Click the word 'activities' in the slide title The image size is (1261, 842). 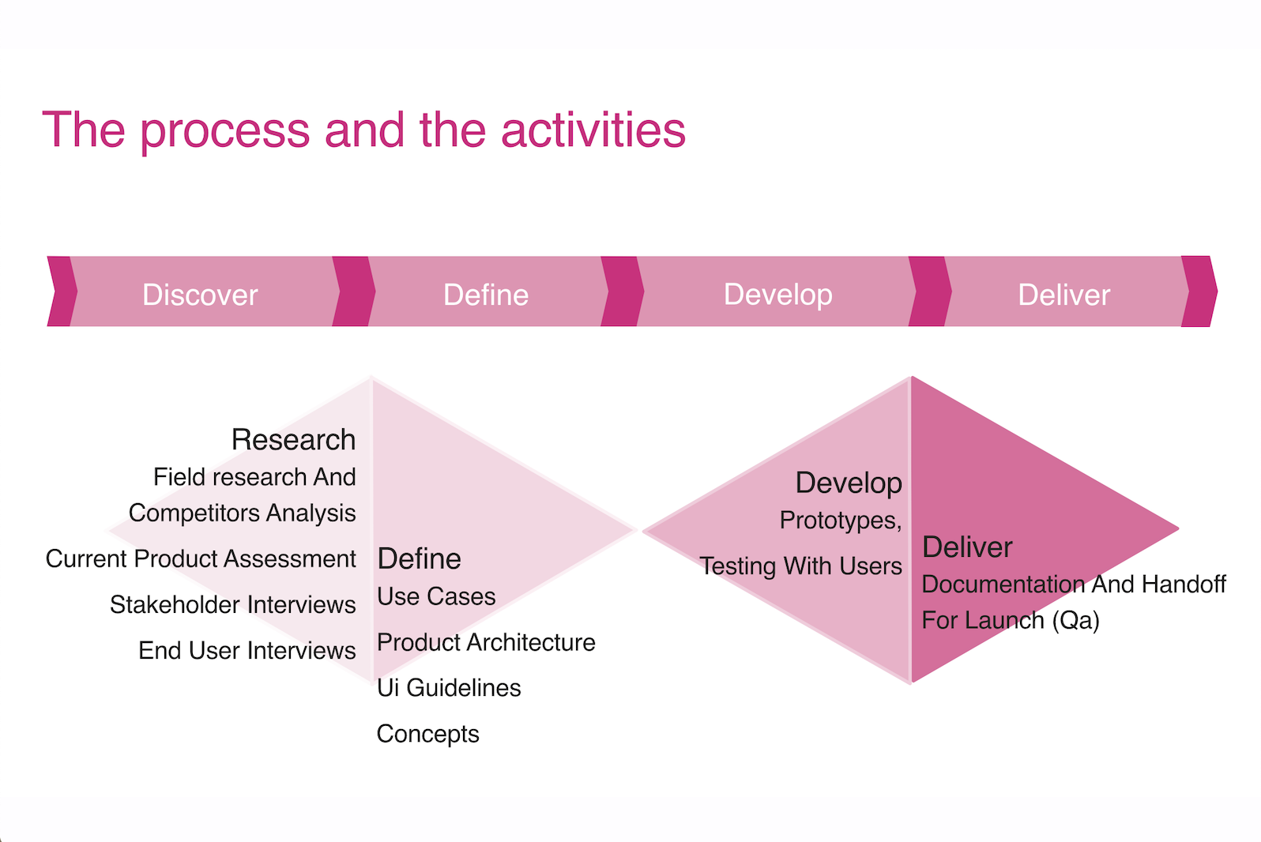[593, 130]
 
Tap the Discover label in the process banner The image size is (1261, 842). [200, 295]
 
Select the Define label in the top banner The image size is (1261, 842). [486, 295]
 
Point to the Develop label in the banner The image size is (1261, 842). [778, 295]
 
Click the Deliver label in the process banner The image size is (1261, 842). [1064, 295]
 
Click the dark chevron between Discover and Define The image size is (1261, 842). [353, 291]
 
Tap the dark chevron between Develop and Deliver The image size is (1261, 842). [930, 291]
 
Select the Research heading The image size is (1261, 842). [293, 439]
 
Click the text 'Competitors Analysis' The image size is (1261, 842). [242, 513]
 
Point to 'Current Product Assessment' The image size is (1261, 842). [201, 559]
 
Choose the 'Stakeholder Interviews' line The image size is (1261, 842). [232, 604]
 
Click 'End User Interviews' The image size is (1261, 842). [247, 651]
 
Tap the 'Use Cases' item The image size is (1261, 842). [436, 596]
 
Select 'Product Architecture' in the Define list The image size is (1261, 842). [486, 642]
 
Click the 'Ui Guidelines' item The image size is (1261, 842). [449, 688]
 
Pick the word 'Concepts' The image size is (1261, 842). [428, 735]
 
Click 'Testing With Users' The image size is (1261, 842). [800, 566]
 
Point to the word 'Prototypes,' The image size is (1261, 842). [841, 521]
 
